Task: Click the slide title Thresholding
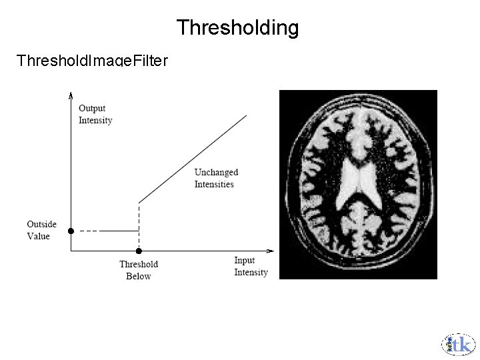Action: pyautogui.click(x=237, y=28)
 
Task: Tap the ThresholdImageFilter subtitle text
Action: pyautogui.click(x=92, y=61)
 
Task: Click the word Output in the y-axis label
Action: pyautogui.click(x=92, y=108)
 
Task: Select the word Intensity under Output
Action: pyautogui.click(x=95, y=120)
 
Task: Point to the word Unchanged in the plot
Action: pyautogui.click(x=216, y=172)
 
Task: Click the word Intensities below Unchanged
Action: pyautogui.click(x=214, y=184)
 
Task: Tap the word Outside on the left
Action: pyautogui.click(x=41, y=224)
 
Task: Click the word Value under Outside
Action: pyautogui.click(x=38, y=236)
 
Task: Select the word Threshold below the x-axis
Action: pyautogui.click(x=139, y=264)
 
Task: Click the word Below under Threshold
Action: pyautogui.click(x=139, y=276)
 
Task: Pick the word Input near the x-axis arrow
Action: pyautogui.click(x=245, y=260)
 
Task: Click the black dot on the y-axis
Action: pyautogui.click(x=71, y=231)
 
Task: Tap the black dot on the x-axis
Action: pyautogui.click(x=139, y=251)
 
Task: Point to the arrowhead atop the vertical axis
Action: pyautogui.click(x=71, y=95)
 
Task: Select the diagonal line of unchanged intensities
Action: pyautogui.click(x=193, y=158)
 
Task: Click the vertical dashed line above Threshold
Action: pyautogui.click(x=139, y=227)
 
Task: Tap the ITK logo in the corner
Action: pyautogui.click(x=458, y=344)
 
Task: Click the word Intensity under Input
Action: pyautogui.click(x=251, y=272)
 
